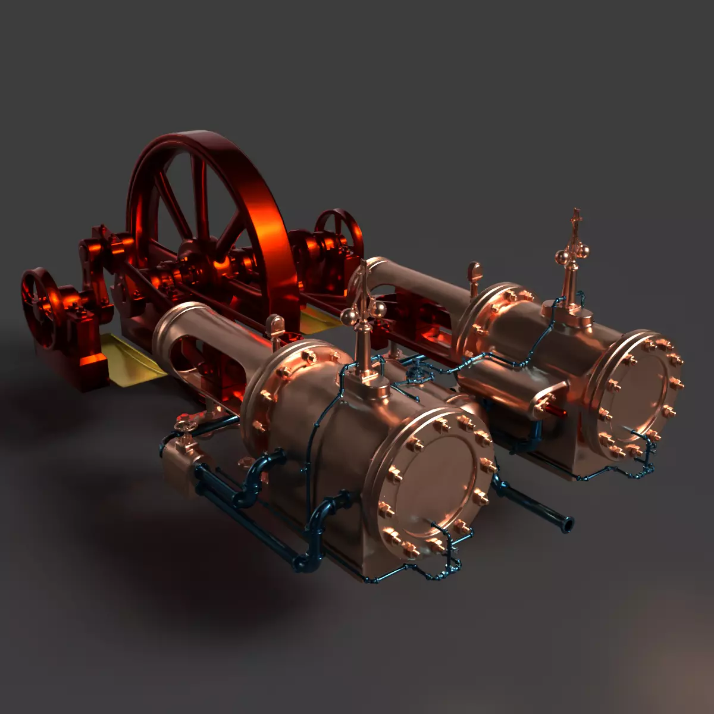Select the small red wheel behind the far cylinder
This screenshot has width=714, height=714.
[x=339, y=229]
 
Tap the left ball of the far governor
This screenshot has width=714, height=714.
[x=561, y=256]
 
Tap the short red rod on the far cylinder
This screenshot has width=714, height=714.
[x=557, y=410]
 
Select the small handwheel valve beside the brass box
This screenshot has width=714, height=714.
[x=184, y=424]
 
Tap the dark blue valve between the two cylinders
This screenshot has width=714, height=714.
[x=419, y=372]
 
